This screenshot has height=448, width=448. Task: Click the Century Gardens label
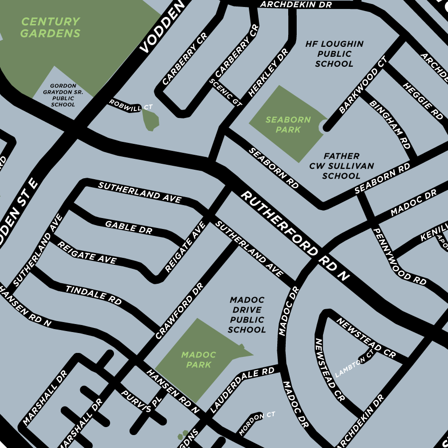(x=50, y=28)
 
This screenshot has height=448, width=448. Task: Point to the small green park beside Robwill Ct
(x=150, y=119)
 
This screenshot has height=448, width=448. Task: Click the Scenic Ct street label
(x=225, y=93)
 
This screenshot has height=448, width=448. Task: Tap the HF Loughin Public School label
(x=334, y=54)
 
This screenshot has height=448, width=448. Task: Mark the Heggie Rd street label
(x=423, y=101)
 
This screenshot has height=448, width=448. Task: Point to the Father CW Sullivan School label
(x=341, y=166)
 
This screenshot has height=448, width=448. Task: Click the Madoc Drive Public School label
(x=247, y=315)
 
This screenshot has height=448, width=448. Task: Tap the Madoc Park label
(x=199, y=359)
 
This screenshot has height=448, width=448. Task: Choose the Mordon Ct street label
(x=257, y=423)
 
